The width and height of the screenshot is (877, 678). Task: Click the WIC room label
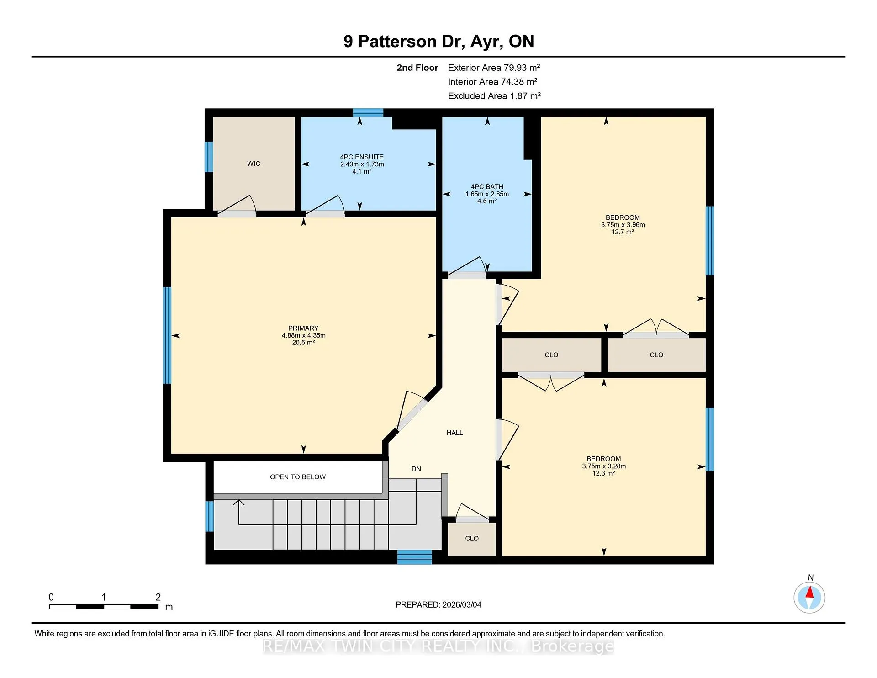[254, 164]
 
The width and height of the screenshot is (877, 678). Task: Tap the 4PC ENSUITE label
[362, 157]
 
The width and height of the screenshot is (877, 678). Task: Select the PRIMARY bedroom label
[303, 328]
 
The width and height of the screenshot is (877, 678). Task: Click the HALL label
[454, 433]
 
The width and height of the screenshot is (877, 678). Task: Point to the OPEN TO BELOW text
[298, 477]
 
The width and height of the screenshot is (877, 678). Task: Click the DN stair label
[416, 469]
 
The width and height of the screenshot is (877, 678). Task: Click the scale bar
[104, 607]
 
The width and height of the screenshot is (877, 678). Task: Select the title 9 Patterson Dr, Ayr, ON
[439, 41]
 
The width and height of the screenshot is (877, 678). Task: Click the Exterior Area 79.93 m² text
[494, 68]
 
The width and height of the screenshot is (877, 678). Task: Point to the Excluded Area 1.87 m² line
[494, 96]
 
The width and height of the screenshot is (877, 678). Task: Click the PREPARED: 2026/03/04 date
[438, 604]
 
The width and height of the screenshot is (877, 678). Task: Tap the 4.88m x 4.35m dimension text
[303, 335]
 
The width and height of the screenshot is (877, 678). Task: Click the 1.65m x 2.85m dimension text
[487, 194]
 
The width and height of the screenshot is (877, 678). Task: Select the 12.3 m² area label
[603, 473]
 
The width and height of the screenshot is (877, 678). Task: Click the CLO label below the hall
[472, 539]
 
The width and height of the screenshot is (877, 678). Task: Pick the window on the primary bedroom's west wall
[167, 335]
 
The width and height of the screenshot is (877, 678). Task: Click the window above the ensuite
[368, 112]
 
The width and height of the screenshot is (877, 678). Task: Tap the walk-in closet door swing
[237, 205]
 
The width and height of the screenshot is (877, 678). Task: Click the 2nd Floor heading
[417, 68]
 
